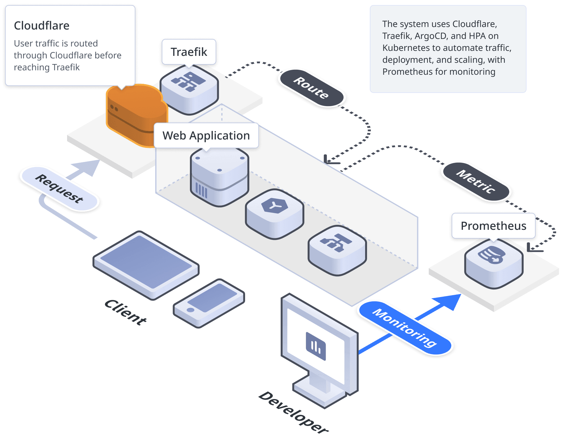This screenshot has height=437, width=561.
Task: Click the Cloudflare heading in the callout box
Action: tap(42, 26)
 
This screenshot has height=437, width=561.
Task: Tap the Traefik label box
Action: tap(189, 52)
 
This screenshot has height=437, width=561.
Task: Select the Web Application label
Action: tap(206, 136)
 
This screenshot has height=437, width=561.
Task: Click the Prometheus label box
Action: tap(493, 226)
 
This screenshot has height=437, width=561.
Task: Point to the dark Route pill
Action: tap(311, 88)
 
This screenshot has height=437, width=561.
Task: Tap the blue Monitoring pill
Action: tap(405, 328)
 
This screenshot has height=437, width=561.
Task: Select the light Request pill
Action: tap(59, 188)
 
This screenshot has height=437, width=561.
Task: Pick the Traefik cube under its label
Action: tap(189, 89)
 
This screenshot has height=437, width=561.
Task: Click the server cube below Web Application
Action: tap(219, 177)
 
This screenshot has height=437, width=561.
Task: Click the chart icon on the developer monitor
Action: tap(315, 346)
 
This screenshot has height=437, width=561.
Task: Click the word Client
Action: tap(125, 312)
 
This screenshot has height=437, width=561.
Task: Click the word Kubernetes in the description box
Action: tap(406, 48)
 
